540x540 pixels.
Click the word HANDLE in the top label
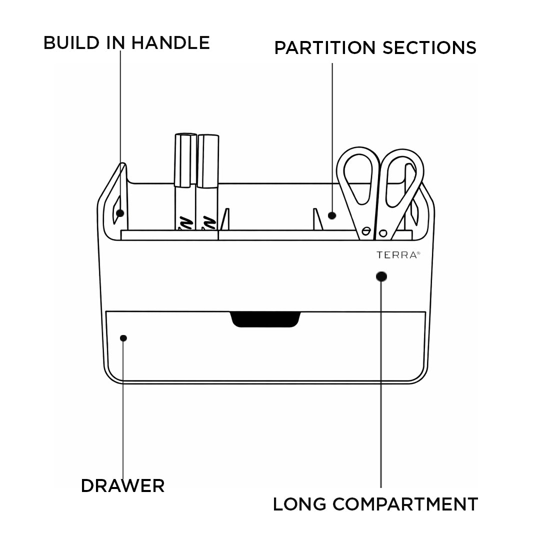pyautogui.click(x=170, y=42)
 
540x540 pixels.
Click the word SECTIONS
pyautogui.click(x=429, y=47)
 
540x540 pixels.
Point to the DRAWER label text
pyautogui.click(x=122, y=485)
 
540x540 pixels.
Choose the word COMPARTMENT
pyautogui.click(x=405, y=504)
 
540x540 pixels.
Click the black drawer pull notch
pyautogui.click(x=265, y=319)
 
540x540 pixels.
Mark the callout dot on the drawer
pyautogui.click(x=123, y=338)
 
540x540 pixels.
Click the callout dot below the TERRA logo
pyautogui.click(x=381, y=276)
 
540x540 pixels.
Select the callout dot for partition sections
pyautogui.click(x=332, y=215)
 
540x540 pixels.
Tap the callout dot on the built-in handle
pyautogui.click(x=120, y=213)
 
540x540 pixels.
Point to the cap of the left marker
pyautogui.click(x=185, y=160)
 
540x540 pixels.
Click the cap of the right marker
pyautogui.click(x=207, y=161)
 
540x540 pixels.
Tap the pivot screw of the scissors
pyautogui.click(x=383, y=233)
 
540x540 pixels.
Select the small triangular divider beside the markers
pyautogui.click(x=225, y=220)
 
